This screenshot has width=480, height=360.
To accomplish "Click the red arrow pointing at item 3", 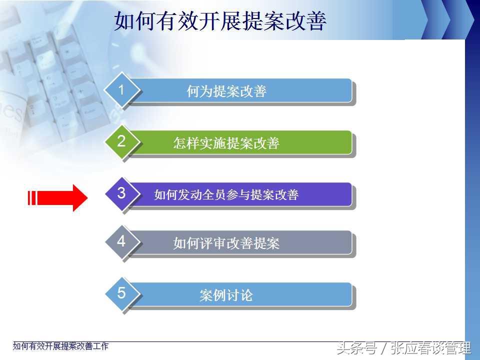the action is pos(57,198).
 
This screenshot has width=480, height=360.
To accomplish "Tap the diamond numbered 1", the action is pos(122,90).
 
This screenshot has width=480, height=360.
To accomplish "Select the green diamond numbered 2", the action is pos(122,141).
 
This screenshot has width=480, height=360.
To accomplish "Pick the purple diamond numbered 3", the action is pos(122,193).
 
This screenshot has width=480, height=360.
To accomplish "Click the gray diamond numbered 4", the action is pos(122,241).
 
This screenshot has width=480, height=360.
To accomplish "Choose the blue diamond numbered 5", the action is pos(122,293).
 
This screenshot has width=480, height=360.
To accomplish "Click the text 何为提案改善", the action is pos(226,91).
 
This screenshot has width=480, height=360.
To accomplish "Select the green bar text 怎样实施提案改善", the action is pos(226,143).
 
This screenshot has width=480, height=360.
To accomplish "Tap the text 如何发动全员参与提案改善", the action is pos(226,194).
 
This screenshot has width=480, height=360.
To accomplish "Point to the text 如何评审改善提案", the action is pos(226,243).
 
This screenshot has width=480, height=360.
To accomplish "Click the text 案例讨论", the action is pos(226,295).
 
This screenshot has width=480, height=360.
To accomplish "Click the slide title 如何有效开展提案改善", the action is pos(220,21).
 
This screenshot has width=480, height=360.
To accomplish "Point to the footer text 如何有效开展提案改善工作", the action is pos(60,346).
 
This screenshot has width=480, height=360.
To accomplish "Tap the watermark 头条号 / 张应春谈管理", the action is pos(404,348).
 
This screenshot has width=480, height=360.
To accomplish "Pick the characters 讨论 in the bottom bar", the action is pos(239,295).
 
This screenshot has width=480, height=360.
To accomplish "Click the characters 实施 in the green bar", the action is pos(213,143).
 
